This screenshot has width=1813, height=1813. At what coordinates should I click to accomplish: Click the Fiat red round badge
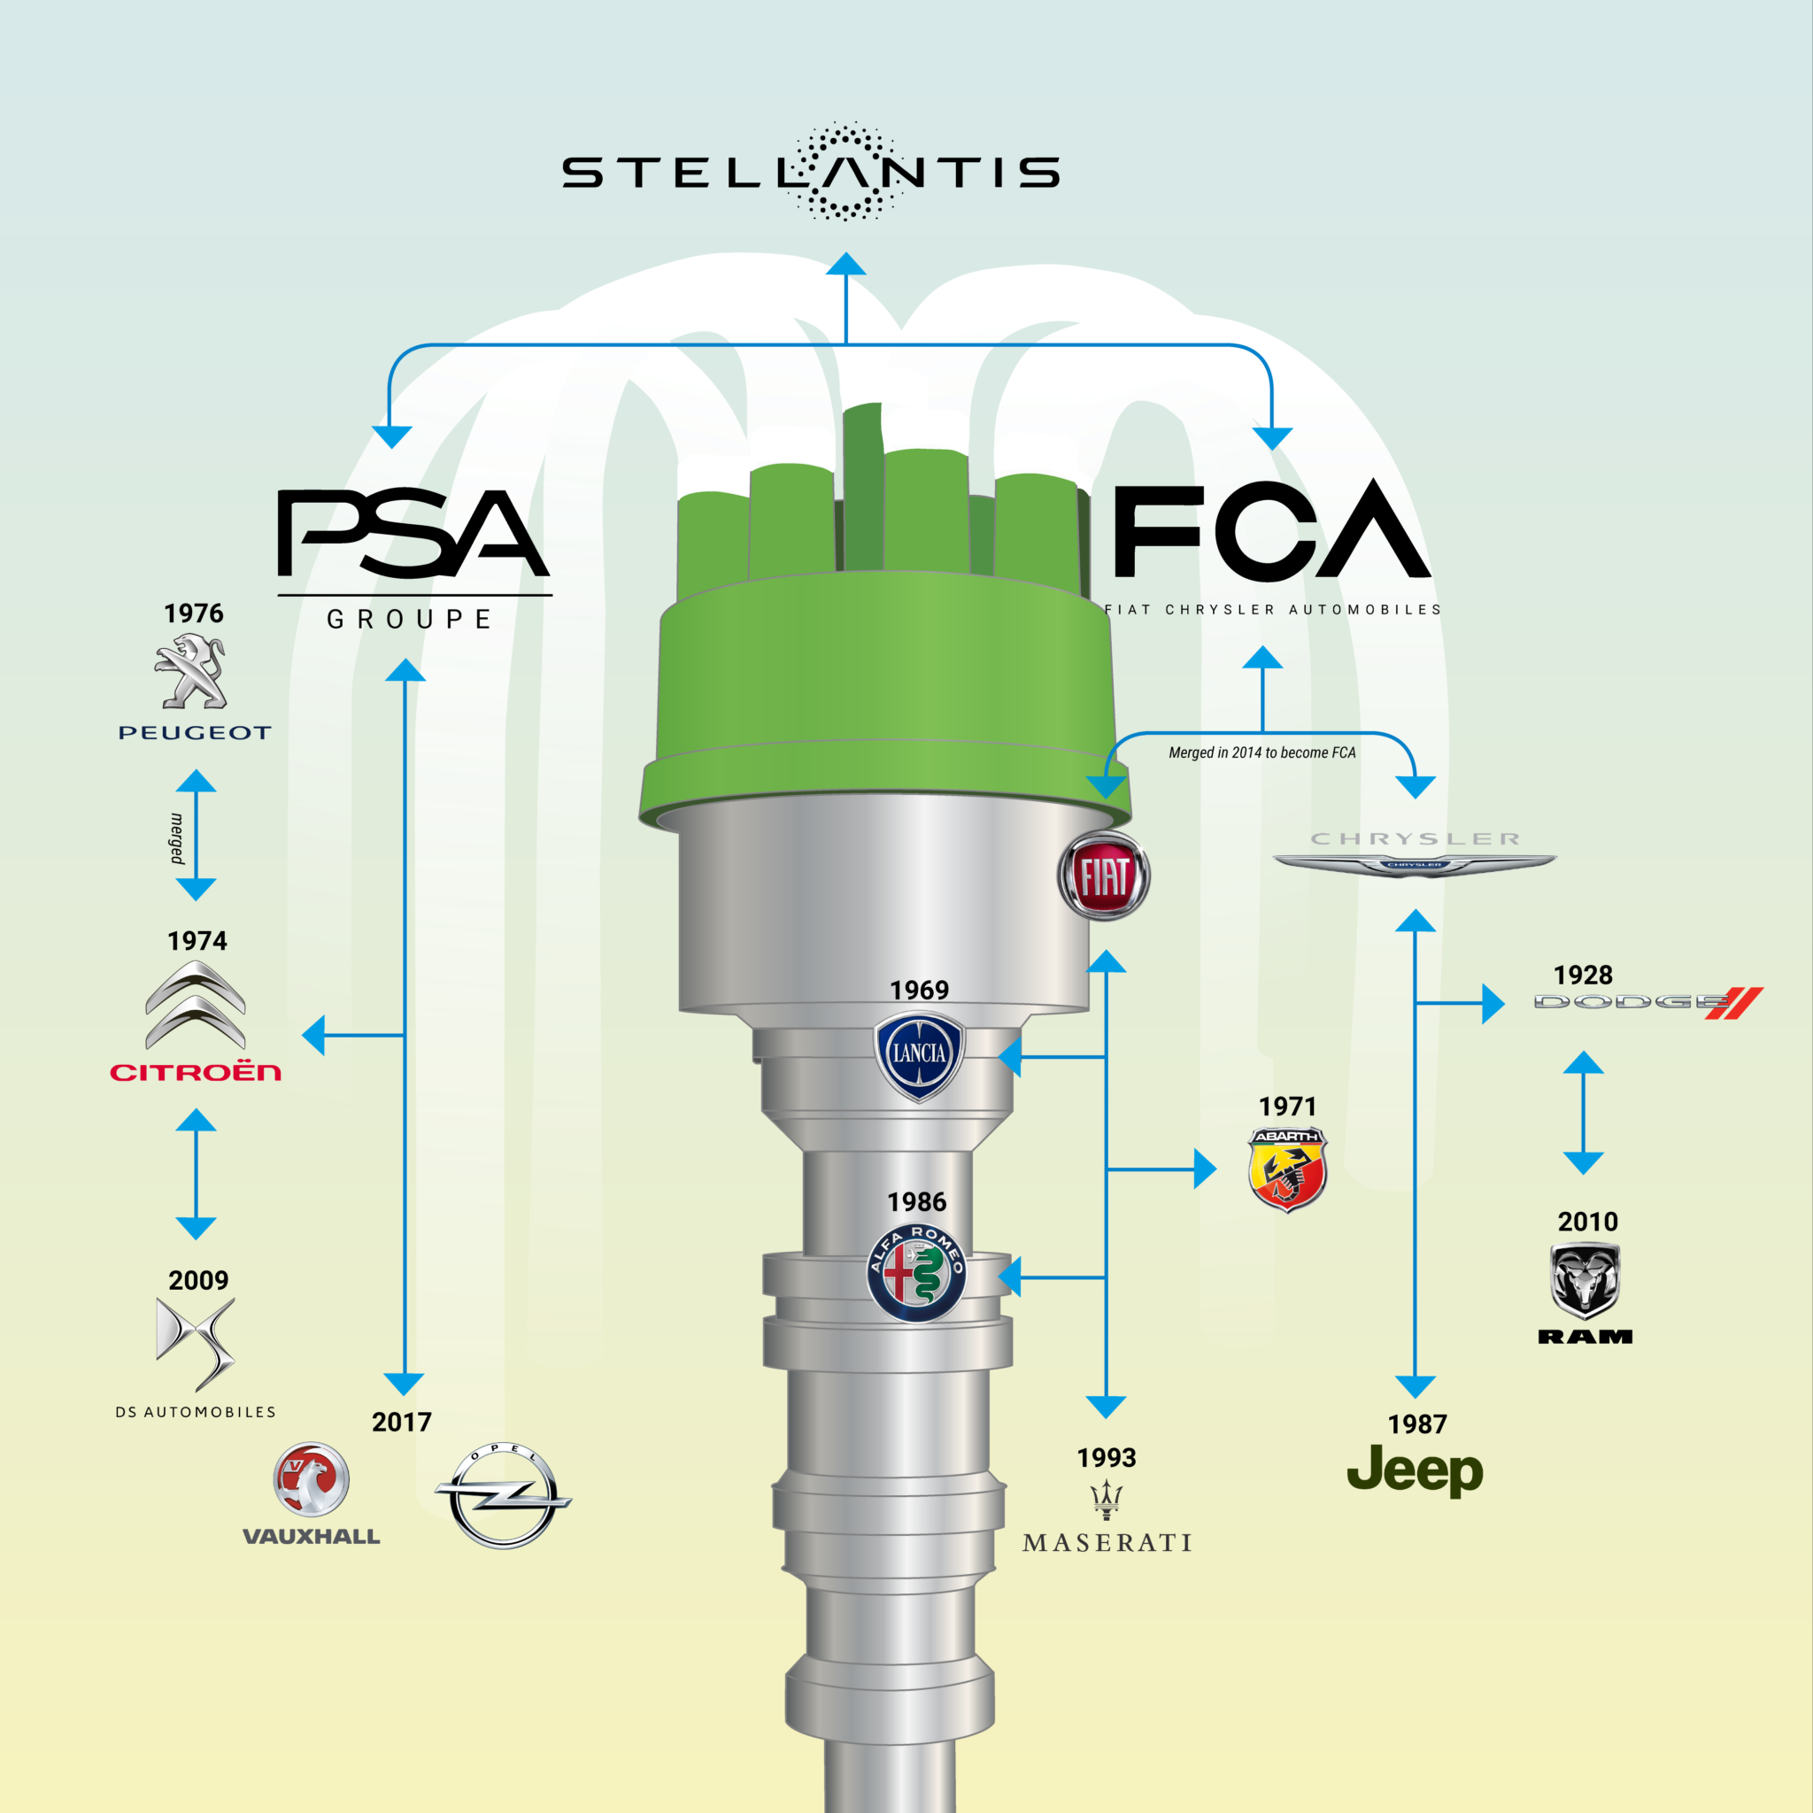[x=1104, y=876]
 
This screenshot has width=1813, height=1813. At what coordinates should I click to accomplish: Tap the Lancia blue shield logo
[x=919, y=1054]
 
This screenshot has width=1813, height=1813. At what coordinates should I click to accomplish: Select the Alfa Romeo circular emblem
[x=916, y=1273]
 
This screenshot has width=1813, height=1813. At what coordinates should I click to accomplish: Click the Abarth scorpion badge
[x=1287, y=1170]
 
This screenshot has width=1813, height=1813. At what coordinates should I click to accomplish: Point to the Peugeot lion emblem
[x=191, y=671]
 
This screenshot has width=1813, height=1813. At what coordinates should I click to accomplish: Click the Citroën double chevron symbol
[x=195, y=1005]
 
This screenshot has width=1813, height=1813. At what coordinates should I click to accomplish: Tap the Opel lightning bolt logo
[x=502, y=1496]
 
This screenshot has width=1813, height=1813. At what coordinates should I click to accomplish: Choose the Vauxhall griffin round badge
[x=312, y=1480]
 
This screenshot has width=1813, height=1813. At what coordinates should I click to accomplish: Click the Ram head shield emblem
[x=1585, y=1281]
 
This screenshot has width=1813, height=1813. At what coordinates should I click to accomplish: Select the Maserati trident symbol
[x=1107, y=1500]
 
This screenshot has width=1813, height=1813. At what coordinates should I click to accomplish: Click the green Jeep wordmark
[x=1416, y=1471]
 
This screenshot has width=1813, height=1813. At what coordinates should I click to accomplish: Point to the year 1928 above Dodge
[x=1583, y=975]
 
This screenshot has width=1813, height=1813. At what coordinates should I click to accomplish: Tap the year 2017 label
[x=402, y=1422]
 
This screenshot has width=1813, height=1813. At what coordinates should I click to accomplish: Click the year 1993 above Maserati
[x=1107, y=1457]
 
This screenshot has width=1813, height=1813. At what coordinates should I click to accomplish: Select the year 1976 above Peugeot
[x=194, y=613]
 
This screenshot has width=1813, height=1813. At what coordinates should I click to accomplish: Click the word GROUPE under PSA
[x=410, y=620]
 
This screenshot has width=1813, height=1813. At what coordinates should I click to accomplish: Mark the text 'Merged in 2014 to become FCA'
[x=1262, y=752]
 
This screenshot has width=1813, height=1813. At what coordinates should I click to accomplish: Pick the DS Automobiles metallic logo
[x=197, y=1344]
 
